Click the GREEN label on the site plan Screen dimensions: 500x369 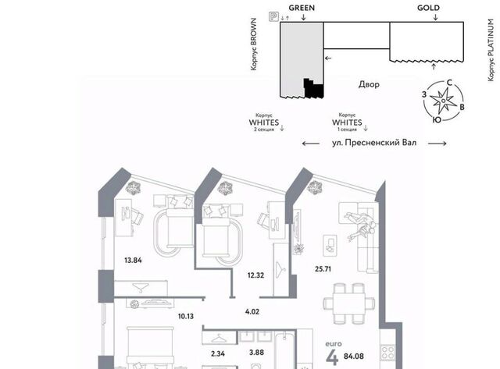pos(302,8)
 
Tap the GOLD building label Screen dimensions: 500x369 pos(428,8)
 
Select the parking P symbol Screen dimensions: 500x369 pos(273,16)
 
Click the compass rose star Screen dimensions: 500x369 pos(443,101)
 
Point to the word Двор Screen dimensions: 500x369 pos(369,84)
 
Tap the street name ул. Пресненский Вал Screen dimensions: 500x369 pos(374,143)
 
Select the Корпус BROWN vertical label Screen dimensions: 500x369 pos(253,44)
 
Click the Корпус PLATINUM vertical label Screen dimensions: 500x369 pos(491,50)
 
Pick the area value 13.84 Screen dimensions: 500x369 pos(133,260)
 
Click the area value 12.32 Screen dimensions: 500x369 pos(255,275)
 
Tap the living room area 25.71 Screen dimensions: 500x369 pos(323,269)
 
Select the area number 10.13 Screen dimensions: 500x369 pos(186,316)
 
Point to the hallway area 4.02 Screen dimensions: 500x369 pos(252,312)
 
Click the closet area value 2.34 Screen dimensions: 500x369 pos(218,353)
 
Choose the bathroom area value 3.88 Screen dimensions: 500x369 pos(256,353)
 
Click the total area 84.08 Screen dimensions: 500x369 pos(354,357)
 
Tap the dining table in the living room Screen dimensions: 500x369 pos(349,303)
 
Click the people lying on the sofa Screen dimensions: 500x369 pos(361,225)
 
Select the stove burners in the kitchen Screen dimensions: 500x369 pos(387,353)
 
